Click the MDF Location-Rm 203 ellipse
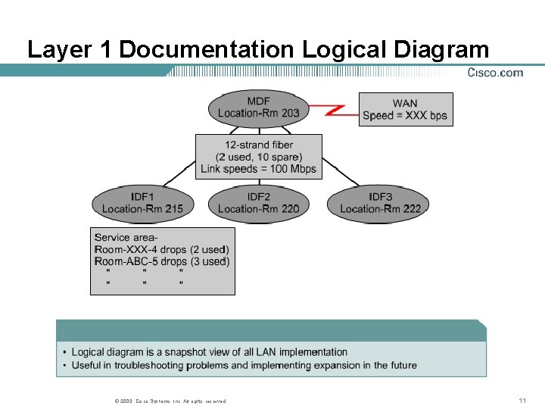258,108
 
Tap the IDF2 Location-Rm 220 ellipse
258,204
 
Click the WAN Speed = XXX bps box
405,110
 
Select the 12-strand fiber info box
258,157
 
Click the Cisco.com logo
495,73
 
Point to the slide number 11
522,400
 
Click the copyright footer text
168,401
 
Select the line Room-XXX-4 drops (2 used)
162,249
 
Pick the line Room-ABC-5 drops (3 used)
162,261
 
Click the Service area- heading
126,237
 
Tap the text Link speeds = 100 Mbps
258,169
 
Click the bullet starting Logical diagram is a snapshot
209,352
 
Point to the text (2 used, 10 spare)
258,157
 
